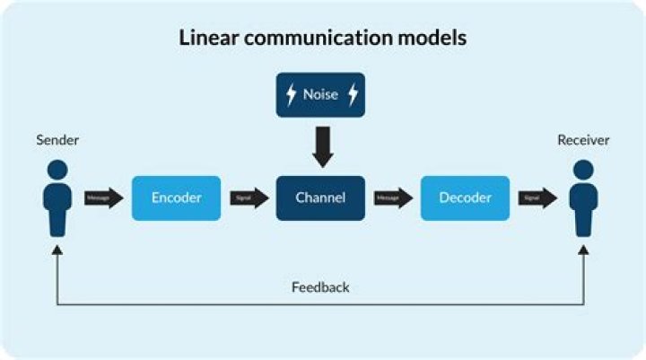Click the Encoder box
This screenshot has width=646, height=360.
pos(176,198)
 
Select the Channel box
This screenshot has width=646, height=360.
pos(320,198)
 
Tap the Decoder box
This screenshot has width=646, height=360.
pos(465,198)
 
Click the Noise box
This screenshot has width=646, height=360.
pos(320,94)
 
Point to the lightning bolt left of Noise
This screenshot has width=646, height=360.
pos(290,94)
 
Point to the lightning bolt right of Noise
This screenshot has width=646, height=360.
pos(352,94)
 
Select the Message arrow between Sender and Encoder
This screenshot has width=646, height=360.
pos(103,198)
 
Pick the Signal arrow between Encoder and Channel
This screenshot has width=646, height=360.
pos(249,198)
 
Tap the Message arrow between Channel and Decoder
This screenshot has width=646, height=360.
pos(393,198)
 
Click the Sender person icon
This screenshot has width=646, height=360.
pos(57,198)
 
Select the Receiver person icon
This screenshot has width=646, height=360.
pos(584,198)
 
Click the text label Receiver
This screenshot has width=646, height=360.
pos(583,140)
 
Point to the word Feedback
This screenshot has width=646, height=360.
pos(320,287)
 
